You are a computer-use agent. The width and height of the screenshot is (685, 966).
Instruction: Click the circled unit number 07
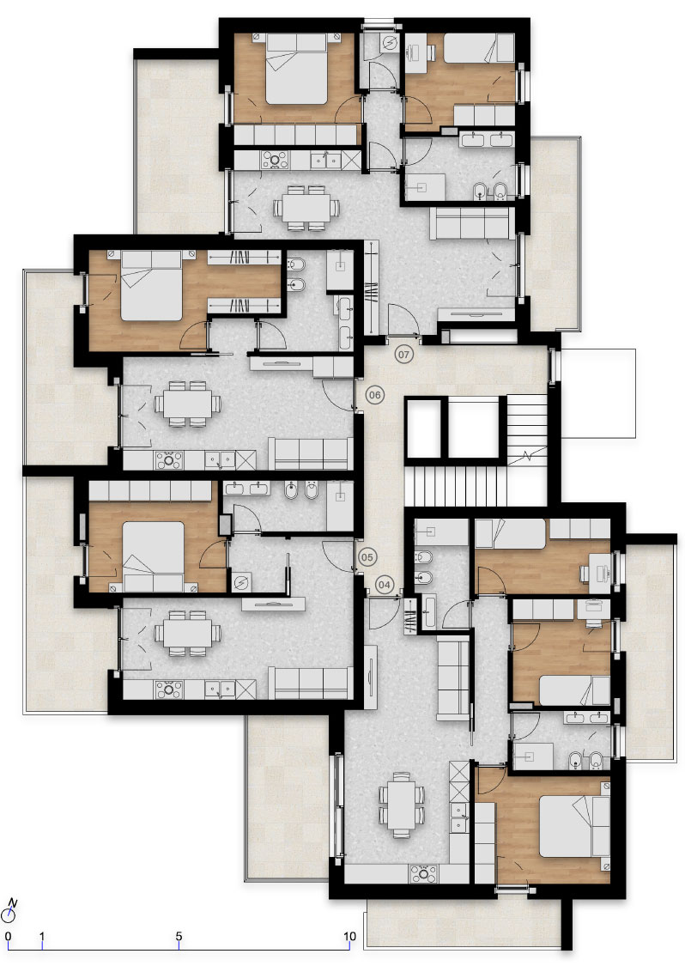click(403, 355)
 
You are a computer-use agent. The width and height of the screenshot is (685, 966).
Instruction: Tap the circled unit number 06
click(374, 395)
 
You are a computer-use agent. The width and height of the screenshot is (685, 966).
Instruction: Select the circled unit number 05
click(367, 557)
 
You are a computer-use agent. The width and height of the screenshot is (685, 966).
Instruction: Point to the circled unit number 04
click(385, 585)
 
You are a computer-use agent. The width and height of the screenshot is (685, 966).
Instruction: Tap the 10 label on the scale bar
click(349, 937)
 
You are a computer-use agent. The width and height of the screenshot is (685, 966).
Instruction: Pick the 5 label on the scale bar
click(179, 937)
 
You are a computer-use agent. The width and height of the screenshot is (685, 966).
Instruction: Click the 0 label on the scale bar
click(8, 937)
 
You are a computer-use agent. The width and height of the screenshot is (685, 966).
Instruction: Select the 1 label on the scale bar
click(42, 937)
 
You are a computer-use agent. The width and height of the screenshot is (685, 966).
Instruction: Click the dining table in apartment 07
click(306, 208)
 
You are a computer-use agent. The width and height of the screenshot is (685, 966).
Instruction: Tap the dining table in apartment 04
click(402, 804)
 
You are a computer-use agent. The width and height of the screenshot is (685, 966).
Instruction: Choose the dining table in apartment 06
click(187, 404)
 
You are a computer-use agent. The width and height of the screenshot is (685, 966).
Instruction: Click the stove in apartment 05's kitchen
click(168, 689)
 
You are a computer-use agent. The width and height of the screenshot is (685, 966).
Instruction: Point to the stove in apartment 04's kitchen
click(424, 873)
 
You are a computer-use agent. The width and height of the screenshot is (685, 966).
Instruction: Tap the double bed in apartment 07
click(295, 69)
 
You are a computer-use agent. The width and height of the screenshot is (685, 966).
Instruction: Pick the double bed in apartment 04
click(574, 826)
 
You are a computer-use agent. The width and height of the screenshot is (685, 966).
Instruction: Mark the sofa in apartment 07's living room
click(472, 223)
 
